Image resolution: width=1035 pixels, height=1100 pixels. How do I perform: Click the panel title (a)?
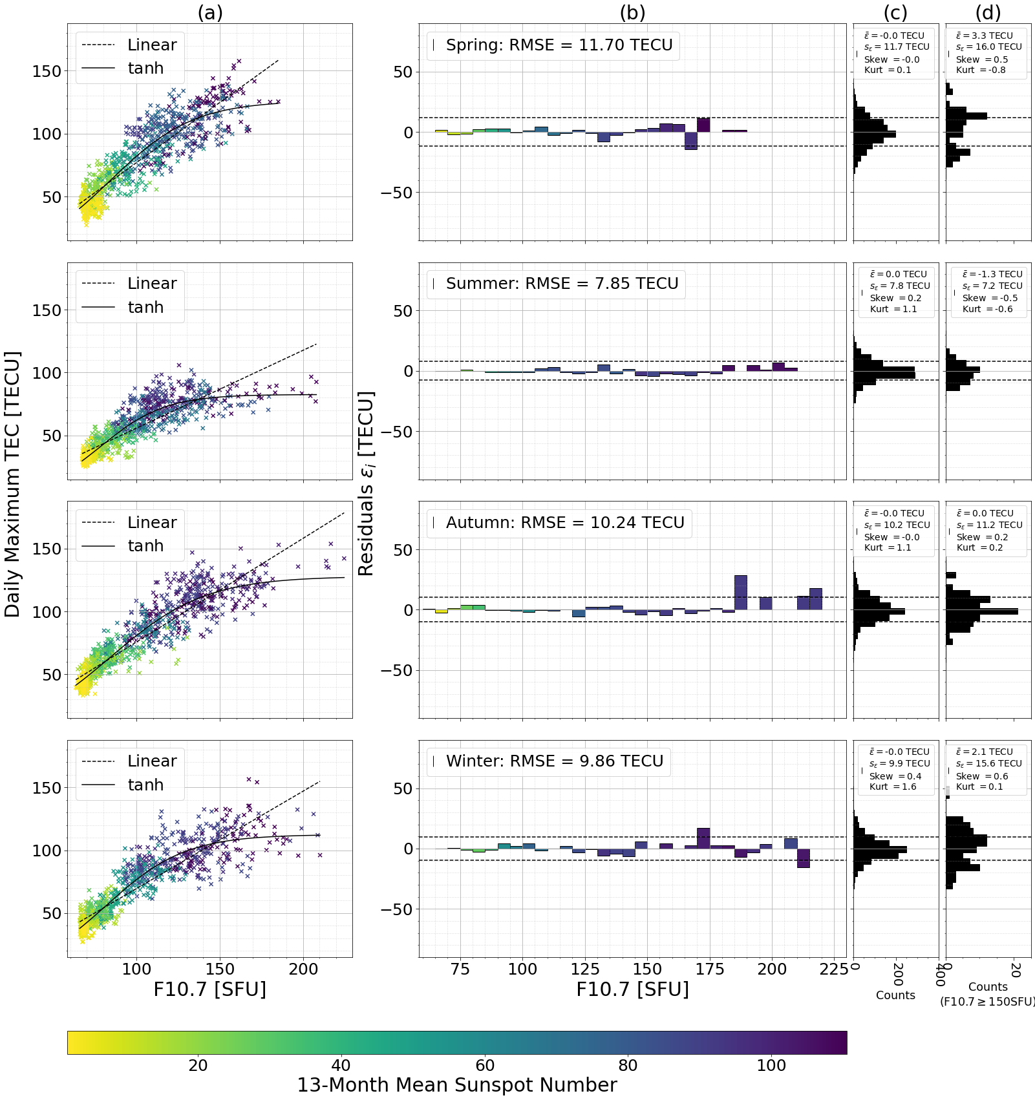pos(210,12)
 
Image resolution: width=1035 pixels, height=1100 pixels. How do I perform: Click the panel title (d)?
pos(988,12)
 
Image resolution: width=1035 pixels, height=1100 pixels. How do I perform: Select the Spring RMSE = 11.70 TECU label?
pos(559,45)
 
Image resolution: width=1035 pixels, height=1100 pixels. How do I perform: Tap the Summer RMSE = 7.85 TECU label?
pos(562,284)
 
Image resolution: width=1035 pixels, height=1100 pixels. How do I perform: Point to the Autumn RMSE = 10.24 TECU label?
pos(564,523)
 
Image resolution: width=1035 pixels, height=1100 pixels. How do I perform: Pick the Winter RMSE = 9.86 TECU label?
pos(554,761)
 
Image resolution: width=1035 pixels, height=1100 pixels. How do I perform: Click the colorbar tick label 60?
pos(485,1066)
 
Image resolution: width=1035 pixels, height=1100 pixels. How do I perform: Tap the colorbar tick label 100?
pos(771,1066)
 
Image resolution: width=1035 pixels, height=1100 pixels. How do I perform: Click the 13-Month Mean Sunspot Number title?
pos(457,1085)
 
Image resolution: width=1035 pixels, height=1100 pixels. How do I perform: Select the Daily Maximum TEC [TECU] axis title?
pos(12,484)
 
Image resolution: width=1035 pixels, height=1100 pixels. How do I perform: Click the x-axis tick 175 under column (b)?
pos(710,969)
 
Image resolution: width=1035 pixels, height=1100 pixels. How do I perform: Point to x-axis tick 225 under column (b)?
pos(834,969)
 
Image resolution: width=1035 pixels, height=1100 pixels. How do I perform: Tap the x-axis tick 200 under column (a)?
pos(303,969)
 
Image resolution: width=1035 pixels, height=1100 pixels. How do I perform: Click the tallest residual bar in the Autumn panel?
pos(741,592)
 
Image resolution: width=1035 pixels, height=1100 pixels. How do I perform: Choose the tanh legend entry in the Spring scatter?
pos(145,69)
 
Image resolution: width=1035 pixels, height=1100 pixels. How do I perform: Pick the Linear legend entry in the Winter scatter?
pos(152,761)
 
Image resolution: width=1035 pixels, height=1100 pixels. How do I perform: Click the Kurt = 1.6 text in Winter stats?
pos(893,787)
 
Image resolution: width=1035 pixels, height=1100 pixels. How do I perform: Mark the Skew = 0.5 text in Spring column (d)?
pos(982,59)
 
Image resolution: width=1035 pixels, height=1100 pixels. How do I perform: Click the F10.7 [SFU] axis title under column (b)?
pos(632,989)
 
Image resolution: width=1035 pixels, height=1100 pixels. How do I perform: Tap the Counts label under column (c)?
pos(895,995)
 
